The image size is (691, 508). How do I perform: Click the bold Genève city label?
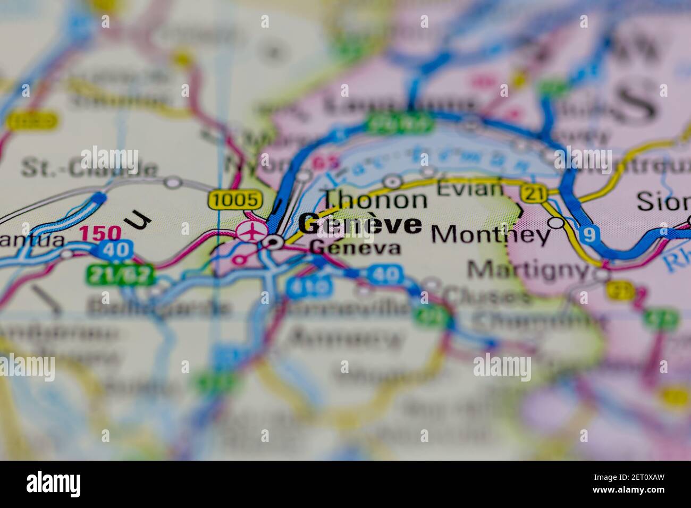[x=360, y=225]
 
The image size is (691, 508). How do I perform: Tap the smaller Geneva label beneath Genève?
[x=355, y=248]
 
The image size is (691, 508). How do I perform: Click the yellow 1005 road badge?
[x=235, y=200]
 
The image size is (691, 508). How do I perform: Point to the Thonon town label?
[x=375, y=200]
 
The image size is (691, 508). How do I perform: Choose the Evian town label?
[x=470, y=188]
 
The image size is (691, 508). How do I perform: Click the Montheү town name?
[x=490, y=234]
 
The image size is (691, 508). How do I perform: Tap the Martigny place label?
[x=529, y=270]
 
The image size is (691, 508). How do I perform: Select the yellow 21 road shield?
[x=533, y=194]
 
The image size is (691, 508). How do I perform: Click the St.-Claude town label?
[x=89, y=168]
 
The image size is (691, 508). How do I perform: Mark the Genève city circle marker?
[x=274, y=243]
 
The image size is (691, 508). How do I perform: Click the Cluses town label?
[x=486, y=296]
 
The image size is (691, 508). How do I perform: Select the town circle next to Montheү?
[x=557, y=223]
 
